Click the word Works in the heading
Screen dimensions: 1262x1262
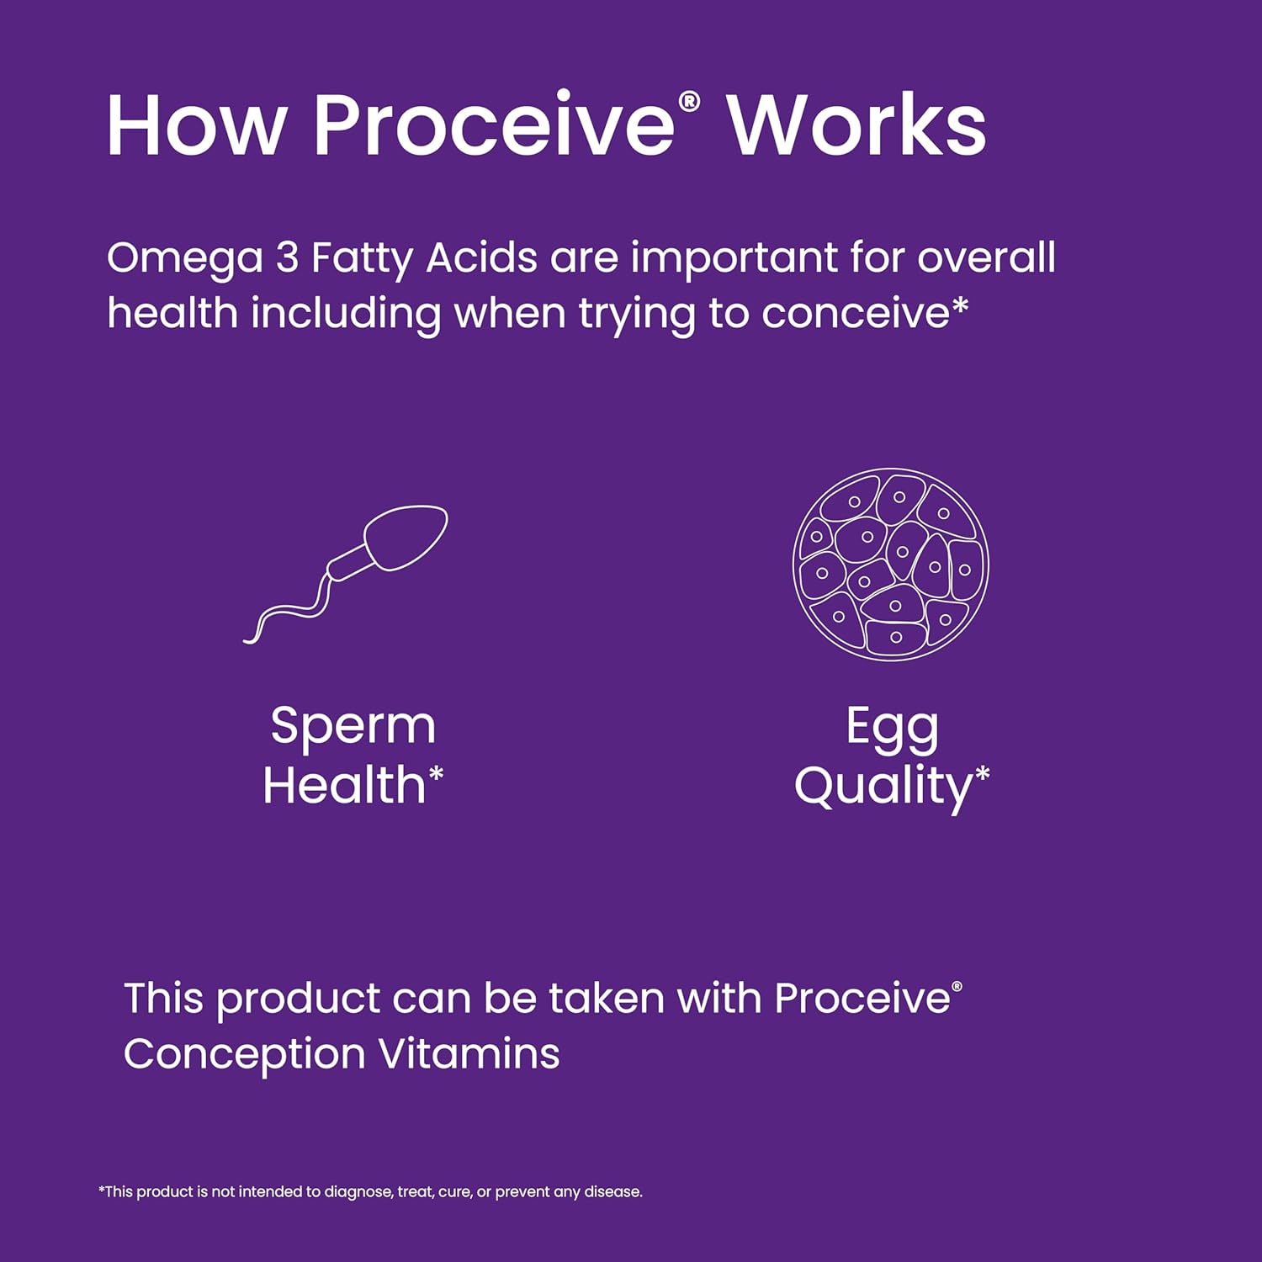coord(856,125)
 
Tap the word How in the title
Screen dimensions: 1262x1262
coord(196,125)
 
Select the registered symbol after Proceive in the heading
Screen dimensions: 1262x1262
coord(689,102)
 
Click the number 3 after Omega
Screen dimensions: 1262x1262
coord(288,257)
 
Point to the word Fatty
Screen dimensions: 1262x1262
coord(362,259)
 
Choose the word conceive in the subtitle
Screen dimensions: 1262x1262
coord(855,314)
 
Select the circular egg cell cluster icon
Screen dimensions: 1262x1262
coord(891,565)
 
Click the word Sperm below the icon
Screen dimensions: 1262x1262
coord(353,726)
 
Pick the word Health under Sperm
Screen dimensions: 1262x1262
coord(344,785)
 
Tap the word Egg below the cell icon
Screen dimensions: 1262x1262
coord(892,729)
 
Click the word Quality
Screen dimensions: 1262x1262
coord(883,787)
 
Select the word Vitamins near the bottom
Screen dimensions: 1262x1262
coord(469,1053)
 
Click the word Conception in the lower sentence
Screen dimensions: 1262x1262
coord(245,1055)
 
